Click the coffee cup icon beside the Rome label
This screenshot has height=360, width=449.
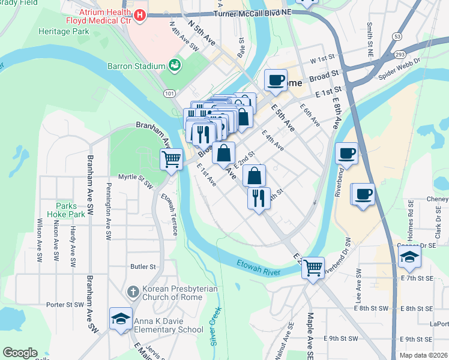coord(276,80)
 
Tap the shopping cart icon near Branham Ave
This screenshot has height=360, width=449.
coord(171,160)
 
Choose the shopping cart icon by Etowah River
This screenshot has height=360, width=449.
coord(313,268)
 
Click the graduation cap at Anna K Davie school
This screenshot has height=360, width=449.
coord(121,319)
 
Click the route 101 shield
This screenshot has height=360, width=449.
coord(169,94)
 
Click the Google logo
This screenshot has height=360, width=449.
coord(20,353)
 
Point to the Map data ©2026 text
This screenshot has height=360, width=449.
coord(423,355)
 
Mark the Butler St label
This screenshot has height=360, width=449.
coord(143,266)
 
